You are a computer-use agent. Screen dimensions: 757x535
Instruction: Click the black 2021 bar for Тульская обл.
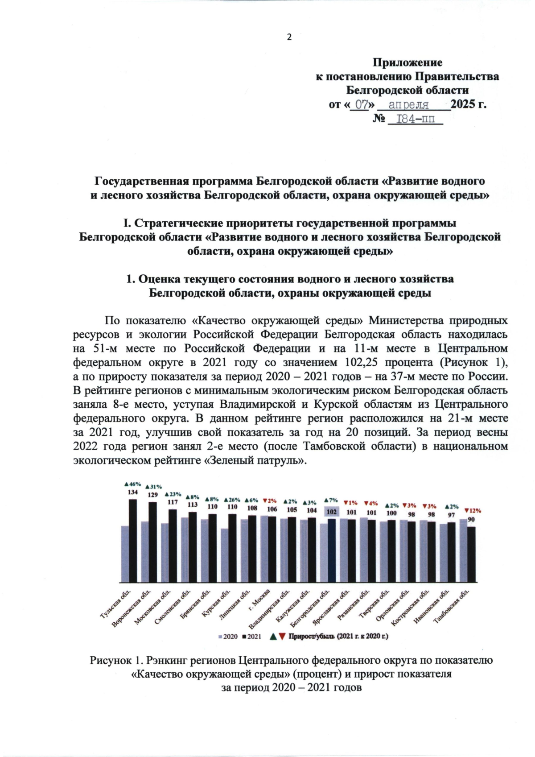pos(133,541)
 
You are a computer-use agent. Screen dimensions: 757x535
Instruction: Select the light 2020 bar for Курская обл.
pos(224,555)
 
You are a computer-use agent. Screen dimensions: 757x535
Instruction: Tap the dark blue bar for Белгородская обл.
pos(331,550)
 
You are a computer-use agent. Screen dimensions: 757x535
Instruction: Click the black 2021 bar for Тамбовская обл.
pos(471,554)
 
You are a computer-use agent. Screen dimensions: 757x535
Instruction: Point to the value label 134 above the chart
pos(133,492)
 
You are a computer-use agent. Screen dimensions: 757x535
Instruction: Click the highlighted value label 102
pos(331,512)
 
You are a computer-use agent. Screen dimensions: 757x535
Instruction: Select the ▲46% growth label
pos(132,484)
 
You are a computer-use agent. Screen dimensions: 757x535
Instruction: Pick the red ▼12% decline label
pos(473,511)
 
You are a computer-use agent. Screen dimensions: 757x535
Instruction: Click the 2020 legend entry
pos(228,636)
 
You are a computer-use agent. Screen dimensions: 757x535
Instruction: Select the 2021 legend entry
pos(252,636)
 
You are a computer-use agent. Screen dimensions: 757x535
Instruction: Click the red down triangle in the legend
pos(282,636)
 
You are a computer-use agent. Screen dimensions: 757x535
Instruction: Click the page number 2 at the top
pos(289,37)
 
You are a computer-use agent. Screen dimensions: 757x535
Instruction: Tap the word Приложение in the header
pos(407,62)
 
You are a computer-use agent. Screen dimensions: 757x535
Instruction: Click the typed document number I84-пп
pos(415,120)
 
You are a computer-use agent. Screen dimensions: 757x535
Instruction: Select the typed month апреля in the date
pos(408,105)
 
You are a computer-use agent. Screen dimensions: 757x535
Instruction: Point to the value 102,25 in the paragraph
pos(362,362)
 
